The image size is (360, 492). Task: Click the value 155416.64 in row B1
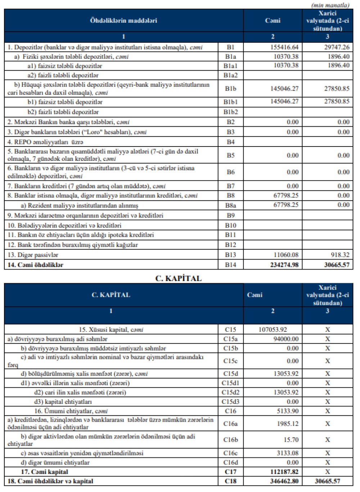(284, 47)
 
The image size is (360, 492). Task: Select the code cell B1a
(230, 57)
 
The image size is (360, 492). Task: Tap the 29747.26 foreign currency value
(337, 47)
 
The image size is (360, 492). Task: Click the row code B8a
(230, 206)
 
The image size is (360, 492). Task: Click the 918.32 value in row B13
(340, 255)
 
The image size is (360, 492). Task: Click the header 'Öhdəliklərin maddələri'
(123, 21)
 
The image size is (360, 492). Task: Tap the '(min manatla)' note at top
(330, 5)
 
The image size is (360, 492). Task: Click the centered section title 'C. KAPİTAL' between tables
(179, 278)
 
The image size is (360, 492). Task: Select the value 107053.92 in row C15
(273, 329)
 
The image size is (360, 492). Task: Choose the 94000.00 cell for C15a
(286, 339)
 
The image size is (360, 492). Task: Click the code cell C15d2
(230, 392)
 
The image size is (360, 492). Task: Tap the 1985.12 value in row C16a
(287, 424)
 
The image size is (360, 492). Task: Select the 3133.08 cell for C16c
(287, 453)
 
